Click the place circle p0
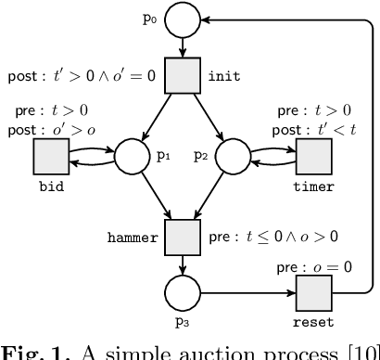[x=183, y=19]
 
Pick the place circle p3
[x=183, y=295]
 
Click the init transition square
[x=183, y=76]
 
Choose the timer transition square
[x=313, y=155]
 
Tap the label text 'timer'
[x=313, y=186]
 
